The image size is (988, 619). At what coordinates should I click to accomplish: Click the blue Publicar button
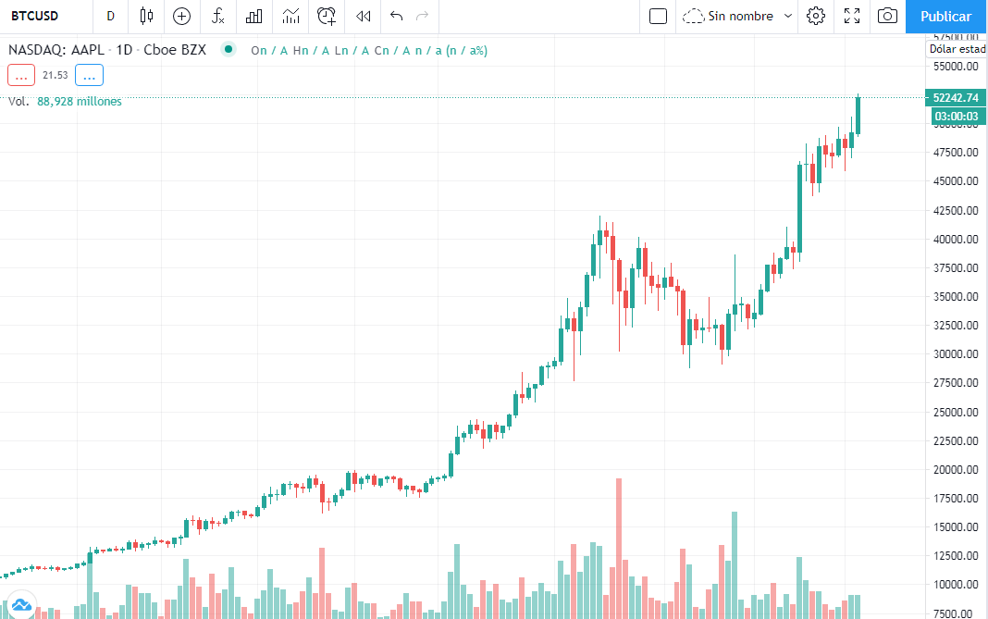click(945, 17)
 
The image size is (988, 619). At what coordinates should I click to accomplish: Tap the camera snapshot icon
click(887, 16)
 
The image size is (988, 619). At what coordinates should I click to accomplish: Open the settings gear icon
click(815, 16)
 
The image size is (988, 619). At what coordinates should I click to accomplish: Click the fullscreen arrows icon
click(852, 16)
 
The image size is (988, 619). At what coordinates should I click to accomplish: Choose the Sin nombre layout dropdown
click(739, 16)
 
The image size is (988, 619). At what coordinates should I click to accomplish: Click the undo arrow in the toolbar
click(397, 16)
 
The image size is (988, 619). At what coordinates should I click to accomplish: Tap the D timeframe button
click(111, 16)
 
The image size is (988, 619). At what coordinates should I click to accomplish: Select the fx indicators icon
click(217, 16)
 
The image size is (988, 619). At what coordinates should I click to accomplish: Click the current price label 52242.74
click(956, 97)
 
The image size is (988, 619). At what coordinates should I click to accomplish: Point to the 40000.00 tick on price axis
click(956, 239)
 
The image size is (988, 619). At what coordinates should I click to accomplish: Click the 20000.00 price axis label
click(956, 469)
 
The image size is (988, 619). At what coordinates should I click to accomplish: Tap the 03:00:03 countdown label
click(956, 116)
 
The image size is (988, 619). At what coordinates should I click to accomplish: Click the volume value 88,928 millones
click(80, 102)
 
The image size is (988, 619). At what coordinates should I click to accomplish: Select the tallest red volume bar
click(618, 546)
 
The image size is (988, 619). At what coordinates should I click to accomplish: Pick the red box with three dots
click(20, 75)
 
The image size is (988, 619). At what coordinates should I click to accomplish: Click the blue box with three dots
click(90, 75)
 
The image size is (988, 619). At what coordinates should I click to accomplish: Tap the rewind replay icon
click(364, 16)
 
